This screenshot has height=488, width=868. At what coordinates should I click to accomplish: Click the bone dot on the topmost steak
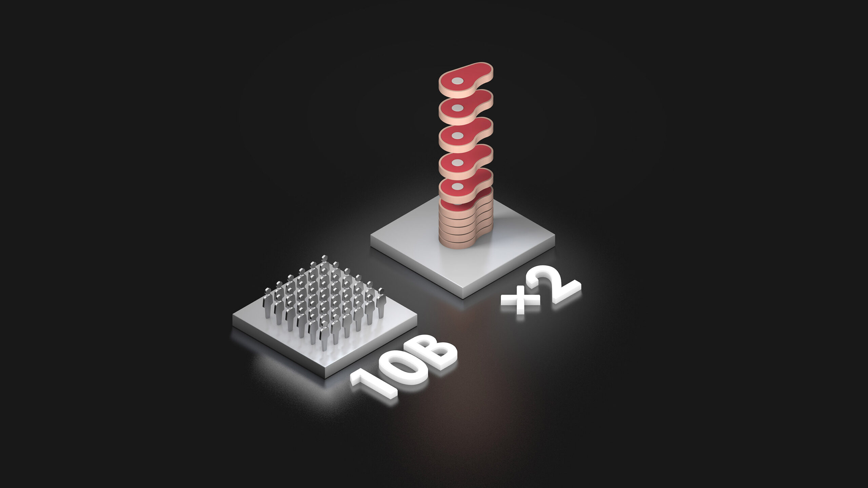coord(458,81)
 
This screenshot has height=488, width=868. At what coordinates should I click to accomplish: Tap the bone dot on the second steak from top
coord(458,108)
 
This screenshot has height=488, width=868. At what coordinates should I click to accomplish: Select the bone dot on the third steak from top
coord(458,136)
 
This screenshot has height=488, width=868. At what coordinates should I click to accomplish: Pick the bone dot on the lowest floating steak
coord(458,186)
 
